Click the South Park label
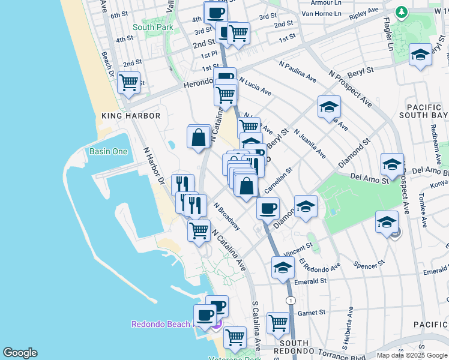pyautogui.click(x=152, y=27)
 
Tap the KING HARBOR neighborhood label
pyautogui.click(x=131, y=116)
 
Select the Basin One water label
pyautogui.click(x=108, y=151)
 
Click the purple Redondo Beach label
pyautogui.click(x=161, y=325)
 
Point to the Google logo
pyautogui.click(x=20, y=353)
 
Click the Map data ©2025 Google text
pyautogui.click(x=411, y=355)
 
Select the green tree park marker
pyautogui.click(x=401, y=12)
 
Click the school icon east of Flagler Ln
pyautogui.click(x=420, y=55)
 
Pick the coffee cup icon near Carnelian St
pyautogui.click(x=268, y=208)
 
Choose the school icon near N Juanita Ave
pyautogui.click(x=329, y=107)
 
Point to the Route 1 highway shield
pyautogui.click(x=291, y=300)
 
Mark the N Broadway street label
pyautogui.click(x=227, y=216)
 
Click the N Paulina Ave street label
pyautogui.click(x=297, y=71)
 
